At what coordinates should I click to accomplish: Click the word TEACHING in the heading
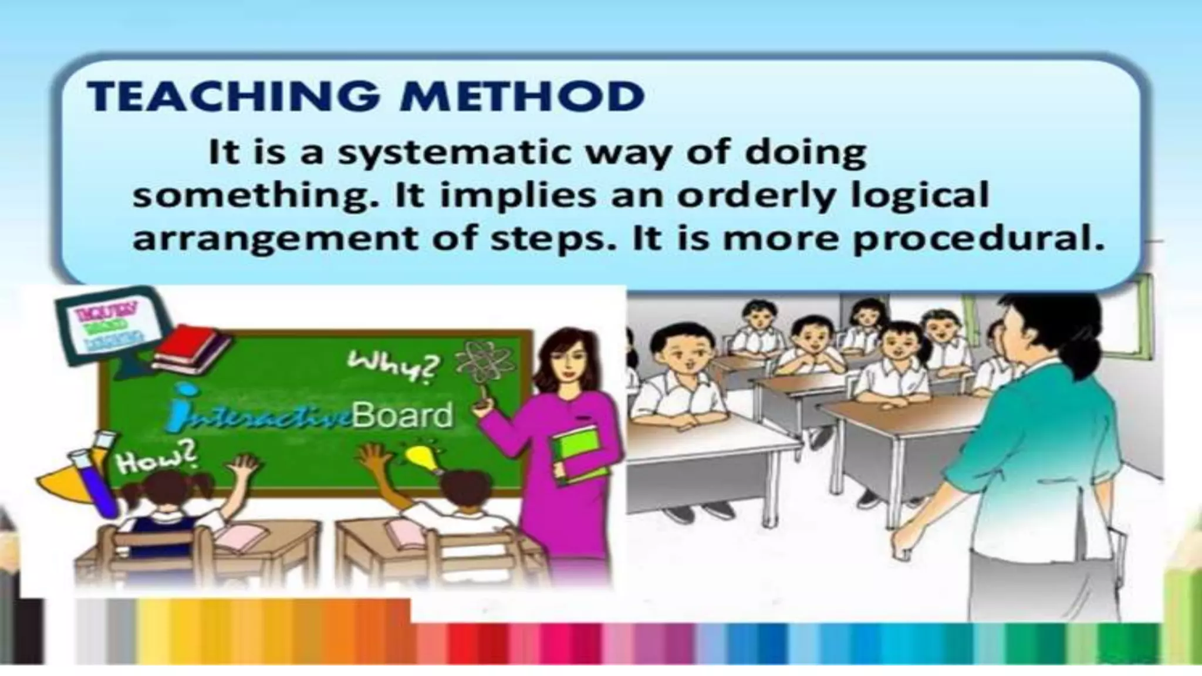[x=232, y=96]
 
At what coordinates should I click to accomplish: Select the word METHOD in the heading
[x=522, y=96]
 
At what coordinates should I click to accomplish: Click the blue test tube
[x=97, y=481]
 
